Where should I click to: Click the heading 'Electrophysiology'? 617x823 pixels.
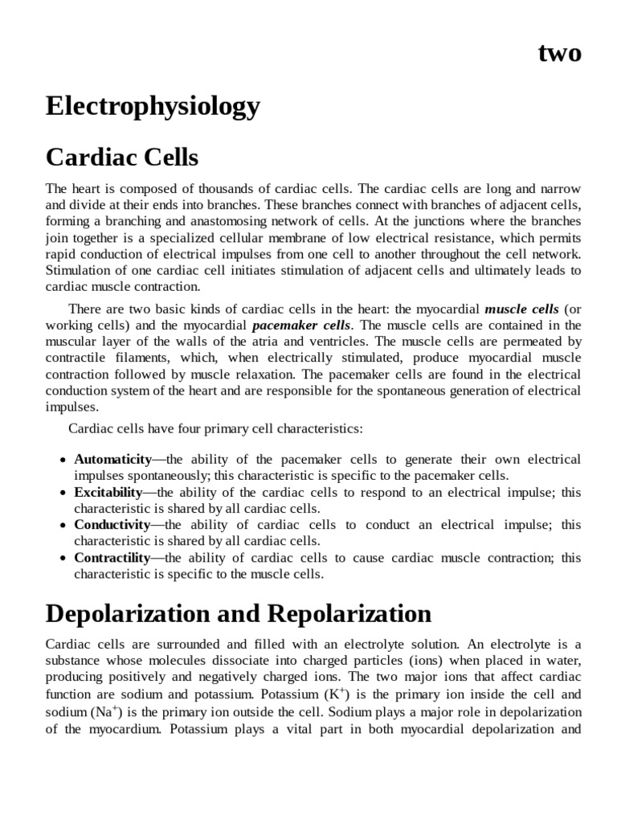click(153, 106)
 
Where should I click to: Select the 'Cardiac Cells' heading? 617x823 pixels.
click(122, 155)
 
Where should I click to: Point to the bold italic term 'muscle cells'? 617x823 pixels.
click(521, 309)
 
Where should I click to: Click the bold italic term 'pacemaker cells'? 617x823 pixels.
click(301, 326)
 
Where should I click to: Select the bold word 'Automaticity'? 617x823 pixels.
click(112, 460)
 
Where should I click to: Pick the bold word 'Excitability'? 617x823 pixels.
click(108, 492)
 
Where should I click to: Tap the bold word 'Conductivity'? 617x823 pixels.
click(112, 525)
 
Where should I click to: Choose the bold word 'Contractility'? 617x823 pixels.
click(112, 558)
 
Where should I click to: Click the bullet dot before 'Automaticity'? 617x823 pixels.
click(63, 461)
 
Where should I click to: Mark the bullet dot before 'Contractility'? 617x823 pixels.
click(63, 559)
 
